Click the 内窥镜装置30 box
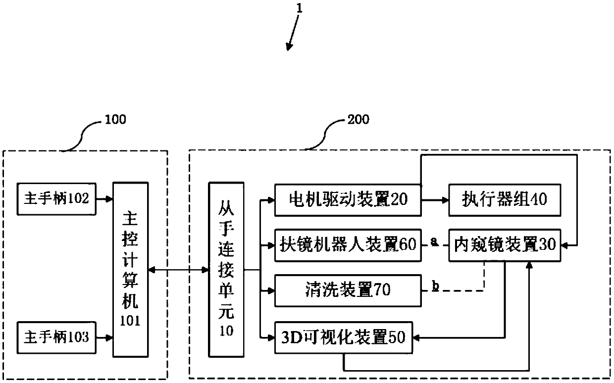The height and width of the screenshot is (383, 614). coord(504,244)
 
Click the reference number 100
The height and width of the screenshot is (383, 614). coord(115,120)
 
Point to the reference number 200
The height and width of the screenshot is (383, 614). coord(358,120)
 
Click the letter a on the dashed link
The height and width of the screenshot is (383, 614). coord(434,241)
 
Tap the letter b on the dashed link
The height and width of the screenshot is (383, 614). coord(435,287)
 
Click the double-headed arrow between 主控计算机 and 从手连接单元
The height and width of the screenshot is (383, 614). coord(178,270)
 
